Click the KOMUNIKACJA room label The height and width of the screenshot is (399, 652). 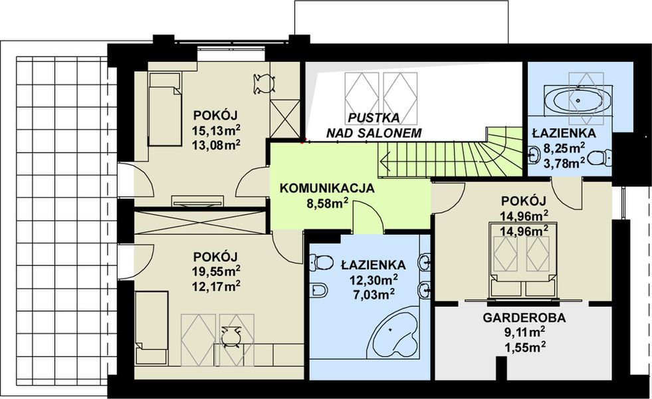click(x=327, y=188)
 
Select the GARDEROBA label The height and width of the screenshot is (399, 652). click(x=524, y=318)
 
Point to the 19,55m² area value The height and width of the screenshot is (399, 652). click(x=217, y=271)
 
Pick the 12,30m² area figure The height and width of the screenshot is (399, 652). click(x=374, y=279)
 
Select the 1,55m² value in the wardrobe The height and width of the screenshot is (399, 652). click(x=525, y=346)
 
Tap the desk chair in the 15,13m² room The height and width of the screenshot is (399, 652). click(x=264, y=82)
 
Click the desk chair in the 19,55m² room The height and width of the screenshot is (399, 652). click(x=231, y=337)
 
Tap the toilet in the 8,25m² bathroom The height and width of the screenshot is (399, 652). click(x=601, y=158)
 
